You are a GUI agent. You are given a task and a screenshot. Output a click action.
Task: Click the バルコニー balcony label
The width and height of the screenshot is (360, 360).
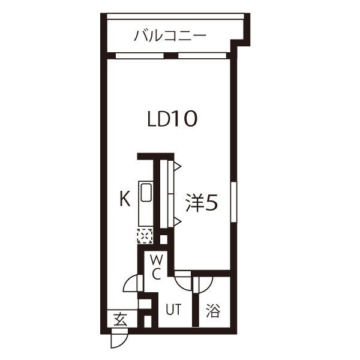pos(170,36)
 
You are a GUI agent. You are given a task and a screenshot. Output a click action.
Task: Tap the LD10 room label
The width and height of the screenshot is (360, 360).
pos(172,119)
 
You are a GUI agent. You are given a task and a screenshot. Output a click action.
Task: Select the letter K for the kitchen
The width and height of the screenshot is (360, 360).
pos(125,199)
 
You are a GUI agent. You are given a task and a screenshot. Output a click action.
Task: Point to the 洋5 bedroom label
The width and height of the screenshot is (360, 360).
pos(202,203)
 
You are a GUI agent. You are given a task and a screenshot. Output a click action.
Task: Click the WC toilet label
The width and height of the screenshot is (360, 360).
pos(157,268)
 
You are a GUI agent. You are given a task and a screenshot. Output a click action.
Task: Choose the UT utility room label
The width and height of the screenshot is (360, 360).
pos(173,309)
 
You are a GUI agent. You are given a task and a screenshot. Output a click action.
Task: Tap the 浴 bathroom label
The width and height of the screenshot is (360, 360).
pos(213,310)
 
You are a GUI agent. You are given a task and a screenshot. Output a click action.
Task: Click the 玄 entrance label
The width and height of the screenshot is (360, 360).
pos(121,319)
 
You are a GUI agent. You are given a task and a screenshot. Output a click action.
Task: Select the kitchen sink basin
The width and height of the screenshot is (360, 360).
pos(146,193)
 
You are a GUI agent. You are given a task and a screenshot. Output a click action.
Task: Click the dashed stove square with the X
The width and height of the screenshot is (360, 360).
pos(145,236)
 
